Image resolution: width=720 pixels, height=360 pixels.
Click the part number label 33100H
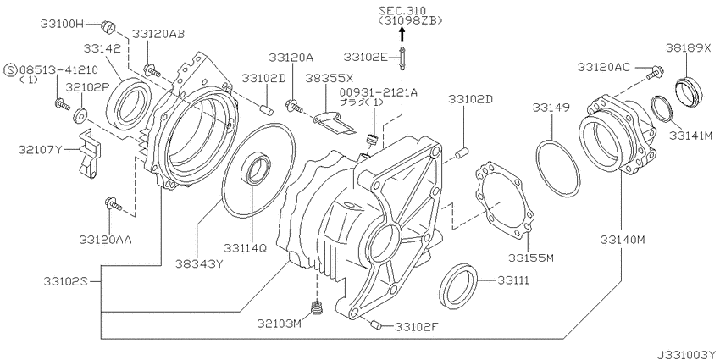click(62, 25)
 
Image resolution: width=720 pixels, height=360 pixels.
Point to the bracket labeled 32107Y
click(88, 153)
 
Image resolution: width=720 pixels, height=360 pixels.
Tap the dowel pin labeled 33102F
click(374, 325)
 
